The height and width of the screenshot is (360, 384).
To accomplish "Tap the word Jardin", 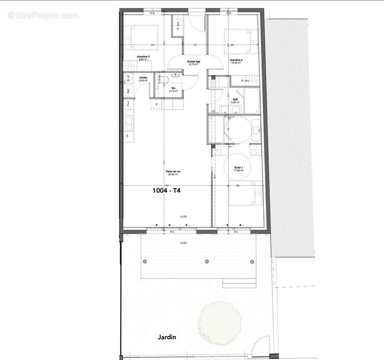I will [167, 337].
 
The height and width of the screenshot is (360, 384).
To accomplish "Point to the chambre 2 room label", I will [236, 60].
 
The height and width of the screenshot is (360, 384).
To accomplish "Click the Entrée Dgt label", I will [194, 62].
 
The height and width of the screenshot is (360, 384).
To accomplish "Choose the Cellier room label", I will [144, 78].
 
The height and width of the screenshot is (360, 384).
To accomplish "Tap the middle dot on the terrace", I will [207, 261].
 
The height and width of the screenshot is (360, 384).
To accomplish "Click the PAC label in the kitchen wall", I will [128, 90].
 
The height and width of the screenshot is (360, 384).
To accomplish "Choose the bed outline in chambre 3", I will [142, 36].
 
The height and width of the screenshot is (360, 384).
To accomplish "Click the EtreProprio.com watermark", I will [43, 16].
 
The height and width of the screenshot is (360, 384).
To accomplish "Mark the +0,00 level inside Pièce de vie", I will [183, 217].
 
